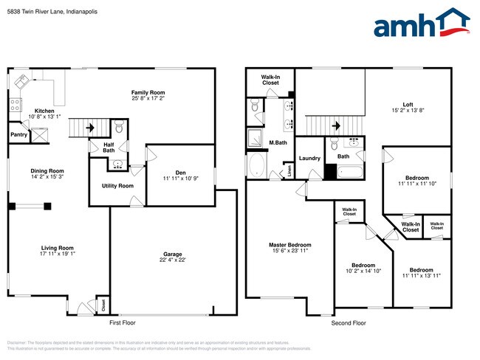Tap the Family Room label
click(x=148, y=91)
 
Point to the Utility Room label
click(x=117, y=186)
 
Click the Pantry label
click(x=18, y=135)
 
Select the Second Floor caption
click(x=348, y=323)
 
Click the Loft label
click(x=408, y=104)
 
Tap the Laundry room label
click(x=309, y=159)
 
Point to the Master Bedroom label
click(x=289, y=245)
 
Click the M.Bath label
click(x=278, y=142)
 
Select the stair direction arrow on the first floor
click(x=89, y=128)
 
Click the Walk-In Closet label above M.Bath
click(x=270, y=80)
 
